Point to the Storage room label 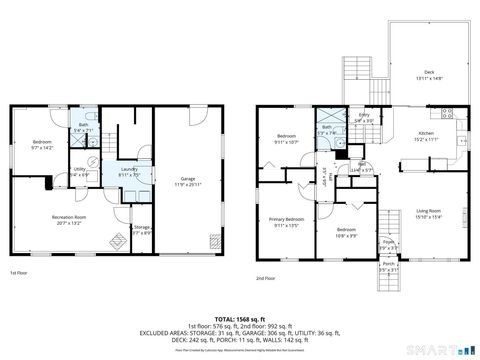141,231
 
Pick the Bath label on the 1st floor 84,127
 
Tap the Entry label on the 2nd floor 364,118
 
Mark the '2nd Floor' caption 265,277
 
